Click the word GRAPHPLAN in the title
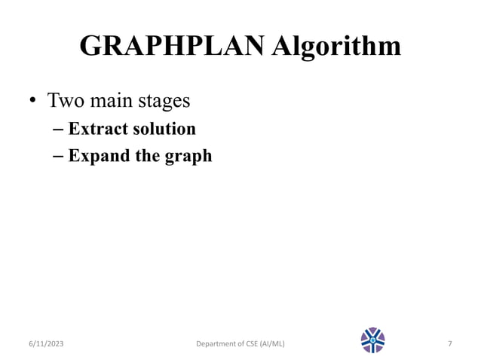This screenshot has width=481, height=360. click(171, 47)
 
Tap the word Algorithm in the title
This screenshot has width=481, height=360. click(336, 47)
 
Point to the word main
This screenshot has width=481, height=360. click(112, 100)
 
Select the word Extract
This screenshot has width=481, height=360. click(97, 129)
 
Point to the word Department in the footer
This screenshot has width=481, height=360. click(219, 344)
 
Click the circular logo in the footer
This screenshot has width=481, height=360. click(372, 340)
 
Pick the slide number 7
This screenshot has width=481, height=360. click(449, 344)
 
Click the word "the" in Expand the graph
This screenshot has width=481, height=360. click(146, 157)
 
